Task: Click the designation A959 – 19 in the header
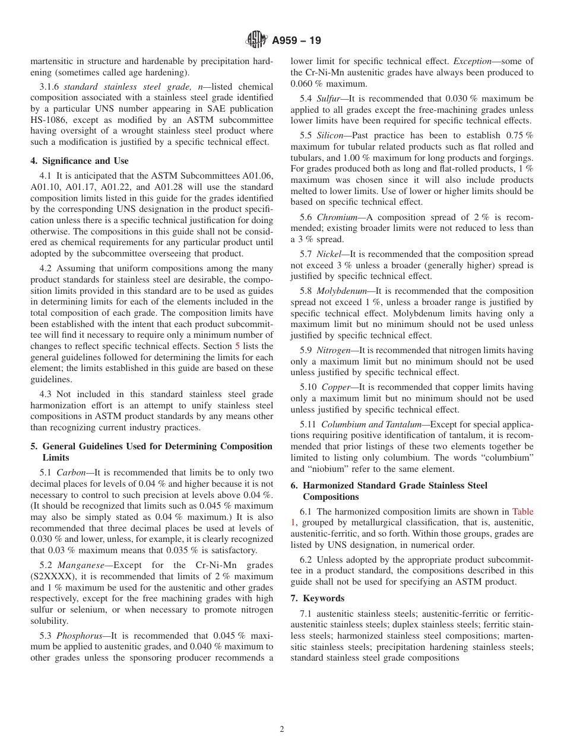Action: (x=296, y=41)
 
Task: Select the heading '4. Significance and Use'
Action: (x=80, y=161)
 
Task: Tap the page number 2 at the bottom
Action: (x=282, y=729)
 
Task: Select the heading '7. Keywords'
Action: (x=317, y=598)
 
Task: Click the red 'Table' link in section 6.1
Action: (x=522, y=512)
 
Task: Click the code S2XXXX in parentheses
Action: (x=54, y=576)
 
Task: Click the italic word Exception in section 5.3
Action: (x=473, y=61)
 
